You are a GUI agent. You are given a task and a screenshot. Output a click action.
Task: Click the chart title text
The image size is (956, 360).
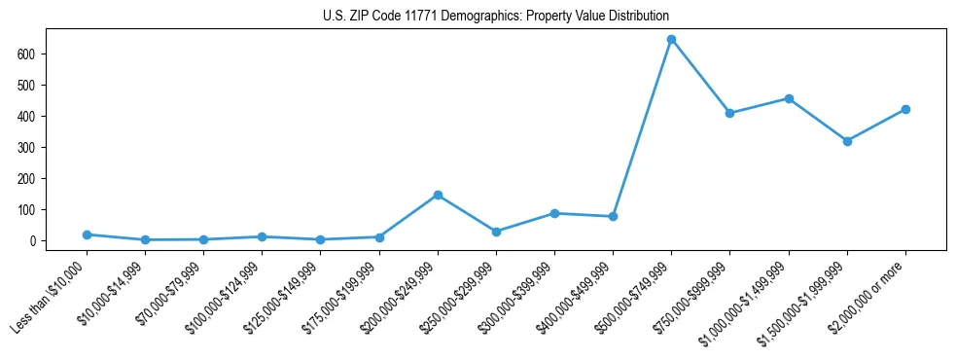click(x=495, y=17)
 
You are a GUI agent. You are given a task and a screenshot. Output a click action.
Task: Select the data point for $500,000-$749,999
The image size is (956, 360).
click(x=671, y=40)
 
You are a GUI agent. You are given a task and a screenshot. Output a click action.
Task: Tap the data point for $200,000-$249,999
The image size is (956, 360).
click(x=438, y=195)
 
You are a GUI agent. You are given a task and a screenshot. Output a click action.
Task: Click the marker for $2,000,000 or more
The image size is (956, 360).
click(x=905, y=109)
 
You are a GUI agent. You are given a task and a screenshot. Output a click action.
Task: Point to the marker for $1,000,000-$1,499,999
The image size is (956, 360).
click(x=789, y=98)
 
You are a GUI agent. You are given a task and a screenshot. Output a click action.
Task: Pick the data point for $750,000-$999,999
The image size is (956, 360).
click(x=729, y=113)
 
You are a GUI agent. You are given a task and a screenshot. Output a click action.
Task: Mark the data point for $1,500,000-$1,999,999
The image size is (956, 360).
click(x=847, y=141)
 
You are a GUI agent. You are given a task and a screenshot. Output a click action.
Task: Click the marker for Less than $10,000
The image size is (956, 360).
click(x=87, y=234)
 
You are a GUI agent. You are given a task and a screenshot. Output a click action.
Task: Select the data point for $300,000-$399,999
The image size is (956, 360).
click(x=554, y=213)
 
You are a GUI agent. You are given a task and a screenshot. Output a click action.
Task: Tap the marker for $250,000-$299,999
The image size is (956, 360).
click(x=496, y=232)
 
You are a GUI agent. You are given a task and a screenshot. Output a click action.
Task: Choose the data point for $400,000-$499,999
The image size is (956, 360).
click(x=613, y=216)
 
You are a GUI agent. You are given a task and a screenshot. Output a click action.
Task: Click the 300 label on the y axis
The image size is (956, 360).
click(x=27, y=147)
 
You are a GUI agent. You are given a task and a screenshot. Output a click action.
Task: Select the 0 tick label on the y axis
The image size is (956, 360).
click(x=33, y=240)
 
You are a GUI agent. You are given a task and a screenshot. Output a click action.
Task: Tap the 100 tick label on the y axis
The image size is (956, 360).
click(x=27, y=209)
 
